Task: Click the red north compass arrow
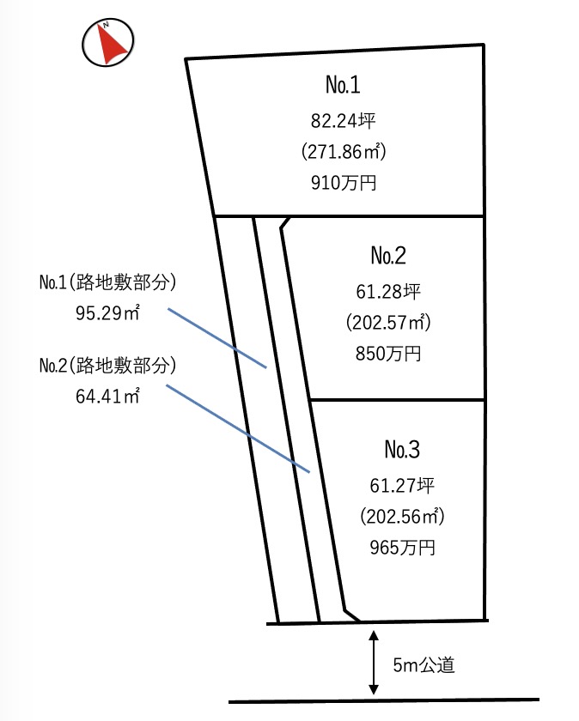109,43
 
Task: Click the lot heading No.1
342,85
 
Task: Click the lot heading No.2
388,255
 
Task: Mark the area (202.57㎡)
388,322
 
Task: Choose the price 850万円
388,354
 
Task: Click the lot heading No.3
401,449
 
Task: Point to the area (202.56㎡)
401,516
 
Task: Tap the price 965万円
401,548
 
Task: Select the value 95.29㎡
108,312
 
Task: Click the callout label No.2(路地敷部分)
107,365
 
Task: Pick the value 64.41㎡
108,396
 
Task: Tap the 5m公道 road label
423,663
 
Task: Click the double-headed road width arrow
374,662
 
